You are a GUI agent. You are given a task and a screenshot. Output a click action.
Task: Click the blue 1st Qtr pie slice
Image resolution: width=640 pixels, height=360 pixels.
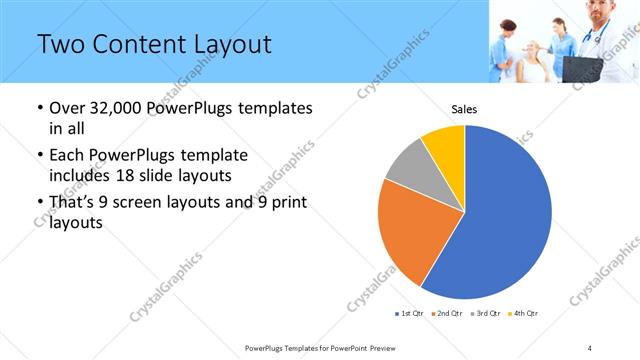point(500,215)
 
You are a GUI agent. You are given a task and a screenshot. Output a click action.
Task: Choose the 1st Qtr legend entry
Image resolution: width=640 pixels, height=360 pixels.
point(409,314)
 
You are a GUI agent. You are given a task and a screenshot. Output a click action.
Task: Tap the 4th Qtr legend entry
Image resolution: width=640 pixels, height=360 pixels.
point(524,314)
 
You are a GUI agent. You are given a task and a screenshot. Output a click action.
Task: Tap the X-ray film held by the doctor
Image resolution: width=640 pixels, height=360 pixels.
point(580,67)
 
